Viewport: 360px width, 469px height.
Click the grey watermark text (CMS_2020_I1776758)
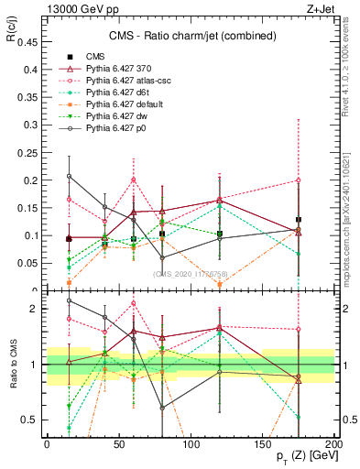coord(191,272)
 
